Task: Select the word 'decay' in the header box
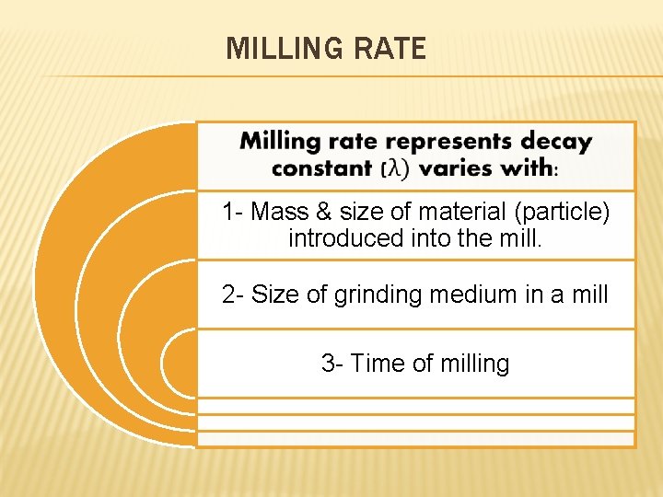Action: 556,142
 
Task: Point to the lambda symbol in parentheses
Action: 395,169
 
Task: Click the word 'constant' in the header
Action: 322,168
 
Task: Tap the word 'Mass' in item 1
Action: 279,213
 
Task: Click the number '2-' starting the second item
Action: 233,295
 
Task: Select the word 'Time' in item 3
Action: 378,364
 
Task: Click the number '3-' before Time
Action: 332,364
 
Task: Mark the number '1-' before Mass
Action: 233,213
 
